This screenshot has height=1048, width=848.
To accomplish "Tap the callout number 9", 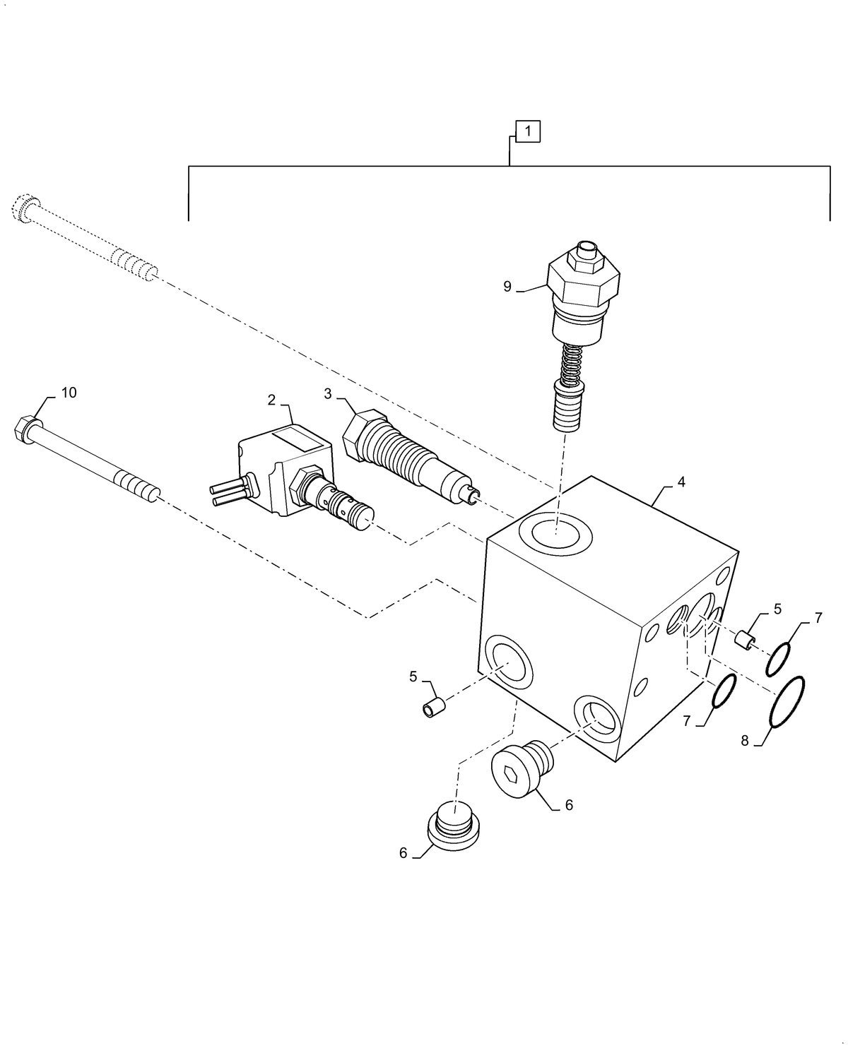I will (x=507, y=286).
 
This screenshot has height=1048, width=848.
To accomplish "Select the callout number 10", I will (x=69, y=393).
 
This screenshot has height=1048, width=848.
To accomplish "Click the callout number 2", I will (x=271, y=400).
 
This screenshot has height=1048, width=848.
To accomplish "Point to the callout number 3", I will (x=327, y=394).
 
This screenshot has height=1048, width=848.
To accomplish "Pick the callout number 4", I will (x=681, y=482).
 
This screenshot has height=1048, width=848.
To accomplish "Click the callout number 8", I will (x=744, y=741).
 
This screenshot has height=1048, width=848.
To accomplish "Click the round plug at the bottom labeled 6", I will (x=454, y=827).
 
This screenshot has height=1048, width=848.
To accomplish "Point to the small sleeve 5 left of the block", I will (x=435, y=707).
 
